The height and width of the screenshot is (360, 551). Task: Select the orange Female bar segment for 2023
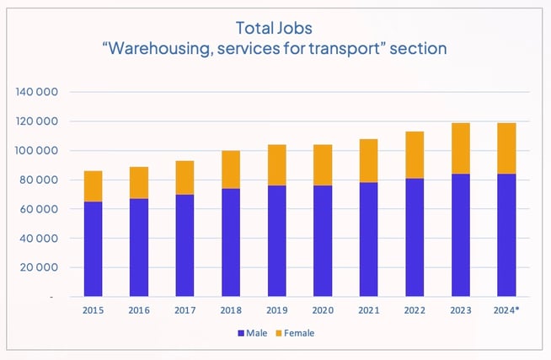[459, 148]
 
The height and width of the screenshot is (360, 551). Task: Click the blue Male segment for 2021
[369, 239]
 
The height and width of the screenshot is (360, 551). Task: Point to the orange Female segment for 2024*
[505, 148]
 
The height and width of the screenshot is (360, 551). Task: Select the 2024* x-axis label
[505, 311]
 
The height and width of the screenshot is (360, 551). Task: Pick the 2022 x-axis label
[415, 311]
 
